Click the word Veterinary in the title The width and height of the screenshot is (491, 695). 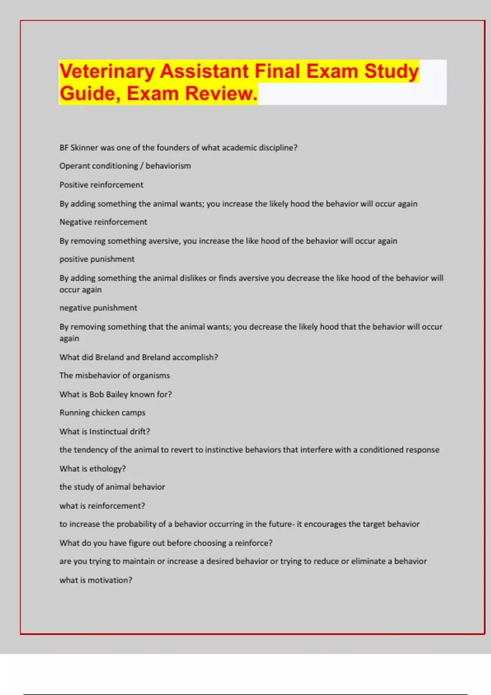click(x=107, y=72)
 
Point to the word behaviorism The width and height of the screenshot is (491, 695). click(x=168, y=166)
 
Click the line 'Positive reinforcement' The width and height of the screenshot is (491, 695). click(x=101, y=185)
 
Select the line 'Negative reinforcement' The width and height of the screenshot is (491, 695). click(x=103, y=222)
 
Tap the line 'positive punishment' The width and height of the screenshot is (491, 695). click(x=97, y=259)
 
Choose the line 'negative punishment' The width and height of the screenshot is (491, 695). click(x=98, y=308)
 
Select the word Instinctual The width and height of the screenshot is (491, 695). click(x=108, y=432)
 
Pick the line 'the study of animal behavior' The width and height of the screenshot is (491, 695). click(x=112, y=487)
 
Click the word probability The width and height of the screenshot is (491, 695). click(x=136, y=524)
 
